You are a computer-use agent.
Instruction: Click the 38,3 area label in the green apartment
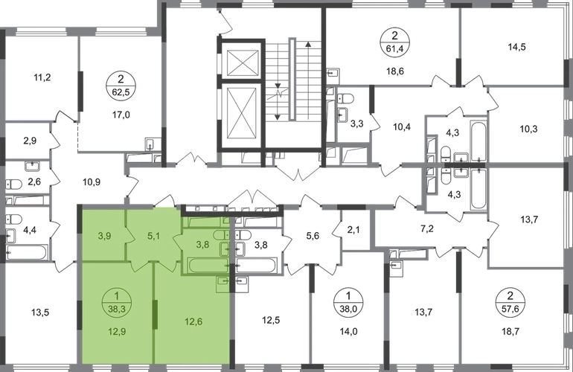click(117, 309)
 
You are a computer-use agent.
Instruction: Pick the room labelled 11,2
click(42, 77)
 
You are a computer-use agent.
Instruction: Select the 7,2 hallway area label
click(427, 229)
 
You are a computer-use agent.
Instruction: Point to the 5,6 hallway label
click(313, 236)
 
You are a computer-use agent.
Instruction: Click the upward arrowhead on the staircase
click(308, 44)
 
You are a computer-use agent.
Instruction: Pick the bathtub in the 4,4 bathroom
click(26, 252)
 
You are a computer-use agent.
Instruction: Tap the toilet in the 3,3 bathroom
click(345, 99)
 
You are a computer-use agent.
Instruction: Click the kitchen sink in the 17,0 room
click(150, 144)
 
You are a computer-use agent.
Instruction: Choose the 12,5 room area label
click(271, 321)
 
